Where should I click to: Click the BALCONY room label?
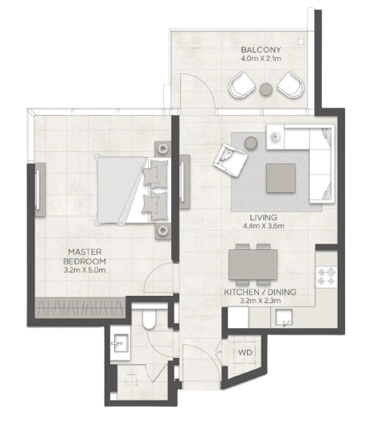click(261, 50)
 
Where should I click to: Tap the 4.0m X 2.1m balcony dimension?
click(261, 58)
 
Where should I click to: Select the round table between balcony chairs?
click(266, 89)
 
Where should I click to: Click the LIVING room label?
click(263, 217)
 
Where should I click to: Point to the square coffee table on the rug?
click(281, 178)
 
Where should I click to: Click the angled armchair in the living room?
click(230, 160)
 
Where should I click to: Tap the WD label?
click(245, 353)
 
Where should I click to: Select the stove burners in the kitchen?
click(327, 277)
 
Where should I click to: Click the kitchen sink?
click(284, 318)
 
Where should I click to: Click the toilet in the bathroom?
click(149, 319)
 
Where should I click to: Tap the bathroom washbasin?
click(120, 343)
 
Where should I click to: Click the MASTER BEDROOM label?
click(84, 257)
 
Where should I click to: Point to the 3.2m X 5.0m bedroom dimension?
click(84, 270)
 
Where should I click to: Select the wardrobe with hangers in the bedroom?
click(80, 308)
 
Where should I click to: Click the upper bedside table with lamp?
click(162, 149)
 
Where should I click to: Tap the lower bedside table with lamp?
click(162, 231)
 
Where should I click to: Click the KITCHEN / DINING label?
click(260, 292)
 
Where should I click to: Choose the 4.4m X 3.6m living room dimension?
click(264, 226)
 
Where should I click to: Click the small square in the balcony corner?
click(301, 42)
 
